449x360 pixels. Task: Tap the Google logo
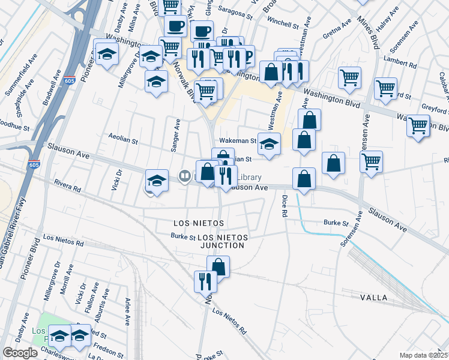pyautogui.click(x=20, y=353)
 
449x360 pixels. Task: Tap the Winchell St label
pyautogui.click(x=283, y=26)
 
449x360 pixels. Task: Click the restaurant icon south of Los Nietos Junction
pyautogui.click(x=205, y=280)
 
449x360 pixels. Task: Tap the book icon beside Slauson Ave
pyautogui.click(x=185, y=176)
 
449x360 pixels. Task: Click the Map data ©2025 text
pyautogui.click(x=423, y=355)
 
